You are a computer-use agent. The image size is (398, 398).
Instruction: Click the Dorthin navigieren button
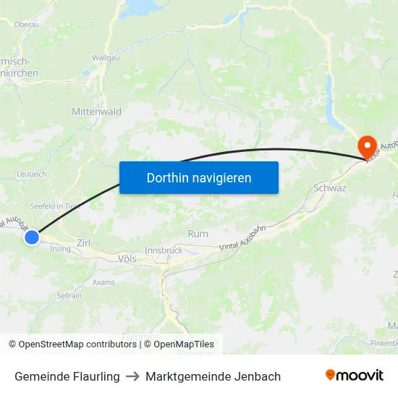pos(199,177)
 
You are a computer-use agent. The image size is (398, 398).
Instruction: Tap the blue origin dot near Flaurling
pos(31,237)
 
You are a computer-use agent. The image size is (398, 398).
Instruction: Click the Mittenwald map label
pos(96,112)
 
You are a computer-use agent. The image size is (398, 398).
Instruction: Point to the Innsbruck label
pos(164,250)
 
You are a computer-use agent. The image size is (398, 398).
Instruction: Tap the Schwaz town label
pos(330,188)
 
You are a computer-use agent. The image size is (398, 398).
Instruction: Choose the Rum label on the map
pos(198,234)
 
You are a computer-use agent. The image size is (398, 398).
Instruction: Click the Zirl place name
pos(83,244)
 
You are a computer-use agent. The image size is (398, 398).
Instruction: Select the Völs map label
pos(126,258)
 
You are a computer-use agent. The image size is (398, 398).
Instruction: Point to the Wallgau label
pos(106,57)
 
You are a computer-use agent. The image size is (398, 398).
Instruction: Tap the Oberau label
pos(27,24)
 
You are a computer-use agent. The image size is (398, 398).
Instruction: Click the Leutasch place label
pos(31,174)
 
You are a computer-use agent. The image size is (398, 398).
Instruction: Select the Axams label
pos(103,282)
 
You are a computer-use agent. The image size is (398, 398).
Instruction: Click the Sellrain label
pos(69,296)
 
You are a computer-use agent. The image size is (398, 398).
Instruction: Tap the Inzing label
pos(60,250)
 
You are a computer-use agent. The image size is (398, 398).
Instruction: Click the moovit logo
pos(355,376)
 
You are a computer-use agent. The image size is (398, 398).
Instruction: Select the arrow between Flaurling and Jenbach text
pos(132,376)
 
